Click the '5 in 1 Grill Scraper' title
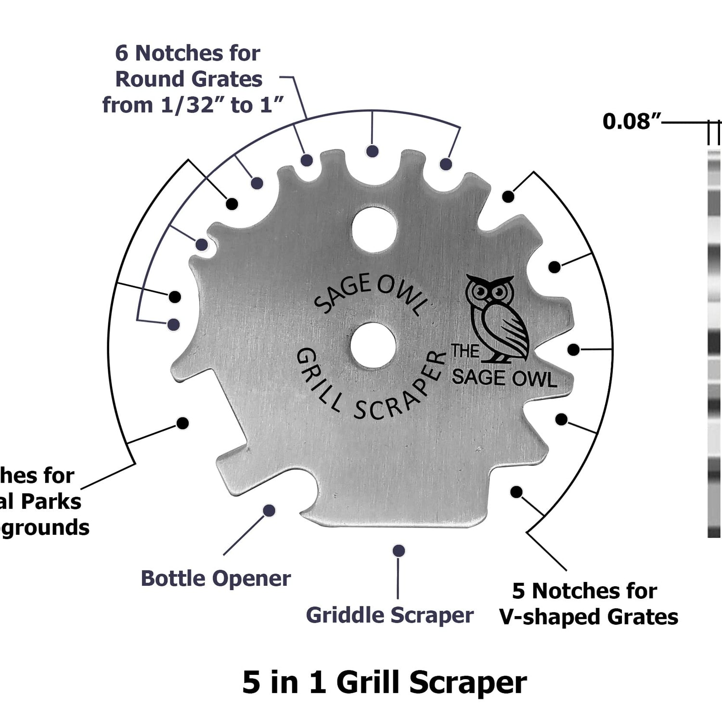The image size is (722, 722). pyautogui.click(x=384, y=683)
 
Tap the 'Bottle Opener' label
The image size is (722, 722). pyautogui.click(x=216, y=578)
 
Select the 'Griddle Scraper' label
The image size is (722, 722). pyautogui.click(x=389, y=615)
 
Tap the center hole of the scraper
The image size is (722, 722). pyautogui.click(x=373, y=346)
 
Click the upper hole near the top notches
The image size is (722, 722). pyautogui.click(x=374, y=230)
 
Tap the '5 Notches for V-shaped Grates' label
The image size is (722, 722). pyautogui.click(x=588, y=604)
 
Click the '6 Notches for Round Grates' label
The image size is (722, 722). pyautogui.click(x=188, y=66)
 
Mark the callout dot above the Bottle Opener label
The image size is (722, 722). pyautogui.click(x=269, y=511)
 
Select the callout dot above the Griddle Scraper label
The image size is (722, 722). pyautogui.click(x=399, y=551)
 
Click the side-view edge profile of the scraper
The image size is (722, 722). pyautogui.click(x=714, y=342)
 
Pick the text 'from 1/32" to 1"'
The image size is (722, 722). pyautogui.click(x=193, y=105)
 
